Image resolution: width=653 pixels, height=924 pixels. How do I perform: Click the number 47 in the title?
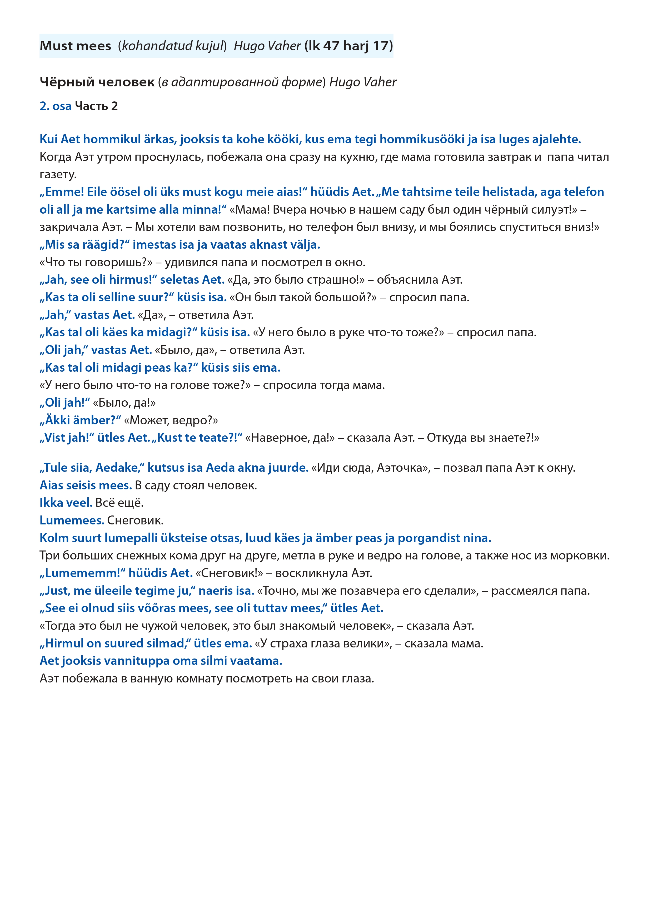[331, 46]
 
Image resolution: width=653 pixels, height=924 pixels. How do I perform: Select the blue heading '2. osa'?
[56, 106]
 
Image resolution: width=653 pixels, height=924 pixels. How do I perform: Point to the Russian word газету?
[58, 175]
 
